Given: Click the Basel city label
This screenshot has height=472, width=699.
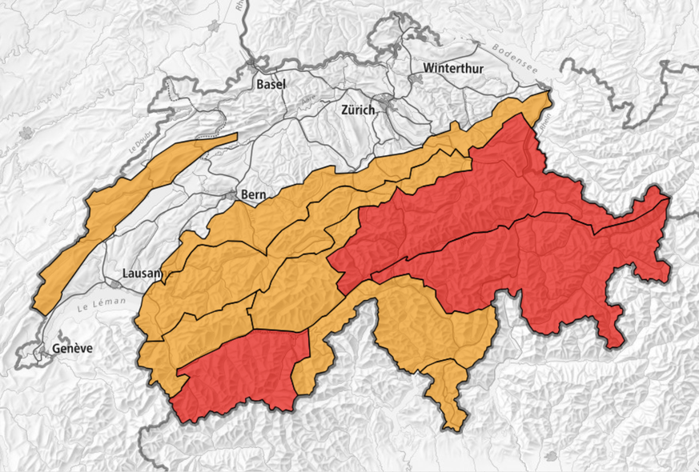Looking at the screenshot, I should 271,83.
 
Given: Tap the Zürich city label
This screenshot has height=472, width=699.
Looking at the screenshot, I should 357,110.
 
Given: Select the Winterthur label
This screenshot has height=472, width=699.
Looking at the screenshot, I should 454,68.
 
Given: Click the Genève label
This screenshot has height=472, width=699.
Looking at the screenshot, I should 73,348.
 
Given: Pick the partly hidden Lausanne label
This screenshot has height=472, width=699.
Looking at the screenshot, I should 142,273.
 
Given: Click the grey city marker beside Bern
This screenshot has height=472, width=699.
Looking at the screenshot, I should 233,194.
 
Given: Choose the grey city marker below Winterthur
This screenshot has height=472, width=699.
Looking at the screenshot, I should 416,80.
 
